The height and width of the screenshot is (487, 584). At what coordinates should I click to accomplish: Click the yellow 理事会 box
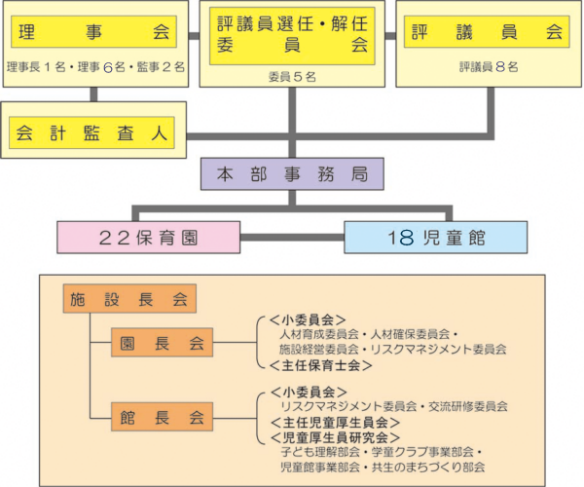coord(93,31)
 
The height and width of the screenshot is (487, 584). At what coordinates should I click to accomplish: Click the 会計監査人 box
coord(93,131)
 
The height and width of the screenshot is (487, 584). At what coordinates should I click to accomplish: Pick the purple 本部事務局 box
coord(292,174)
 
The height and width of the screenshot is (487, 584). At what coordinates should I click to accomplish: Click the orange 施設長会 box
coord(130,299)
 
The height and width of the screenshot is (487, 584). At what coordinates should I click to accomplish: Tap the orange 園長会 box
coord(161,343)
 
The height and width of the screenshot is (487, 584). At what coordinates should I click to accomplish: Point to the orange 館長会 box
coord(161,418)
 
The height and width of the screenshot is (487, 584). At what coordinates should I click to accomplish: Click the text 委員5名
coord(292,73)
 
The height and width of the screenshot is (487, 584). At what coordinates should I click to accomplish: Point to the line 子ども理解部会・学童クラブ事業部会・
coord(380,452)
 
